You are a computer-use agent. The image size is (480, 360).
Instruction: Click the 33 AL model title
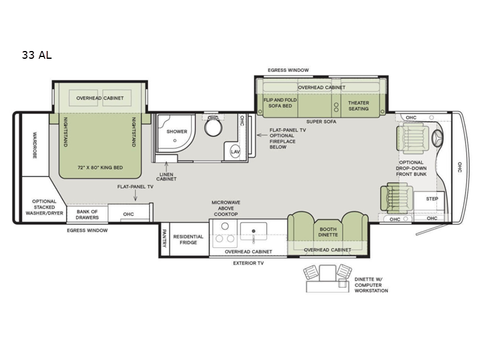pos(37,55)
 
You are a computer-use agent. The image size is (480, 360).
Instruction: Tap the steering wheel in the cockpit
pos(437,139)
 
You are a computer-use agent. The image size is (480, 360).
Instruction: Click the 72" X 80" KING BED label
pos(100,167)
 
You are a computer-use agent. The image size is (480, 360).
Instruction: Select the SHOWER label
pos(176,131)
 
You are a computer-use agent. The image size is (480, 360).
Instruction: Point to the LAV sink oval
pos(235,152)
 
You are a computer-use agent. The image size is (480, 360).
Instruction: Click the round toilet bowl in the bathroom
pos(213,128)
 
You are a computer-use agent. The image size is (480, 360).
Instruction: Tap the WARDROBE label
pos(35,145)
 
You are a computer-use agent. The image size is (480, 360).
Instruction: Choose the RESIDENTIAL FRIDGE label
pos(188,239)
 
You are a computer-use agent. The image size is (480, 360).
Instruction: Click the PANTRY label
pos(164,238)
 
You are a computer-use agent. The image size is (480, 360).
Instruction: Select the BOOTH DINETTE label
pos(328,232)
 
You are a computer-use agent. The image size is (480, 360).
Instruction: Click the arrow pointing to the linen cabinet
pos(166,167)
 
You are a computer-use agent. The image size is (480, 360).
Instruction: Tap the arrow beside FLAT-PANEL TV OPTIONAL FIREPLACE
pos(262,134)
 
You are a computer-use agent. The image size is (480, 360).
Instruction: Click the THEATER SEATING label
pos(358,106)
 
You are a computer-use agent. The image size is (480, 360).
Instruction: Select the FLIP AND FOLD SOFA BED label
pos(280,103)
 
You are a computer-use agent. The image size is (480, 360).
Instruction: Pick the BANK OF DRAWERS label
pos(87,214)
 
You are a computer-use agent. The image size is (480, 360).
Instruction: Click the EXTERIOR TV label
pos(248,263)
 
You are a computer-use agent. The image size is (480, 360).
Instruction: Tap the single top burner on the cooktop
pos(225,226)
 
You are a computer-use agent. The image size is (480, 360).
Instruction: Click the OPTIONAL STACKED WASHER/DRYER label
pos(44,207)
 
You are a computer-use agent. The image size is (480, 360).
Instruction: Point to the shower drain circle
pos(175,140)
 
